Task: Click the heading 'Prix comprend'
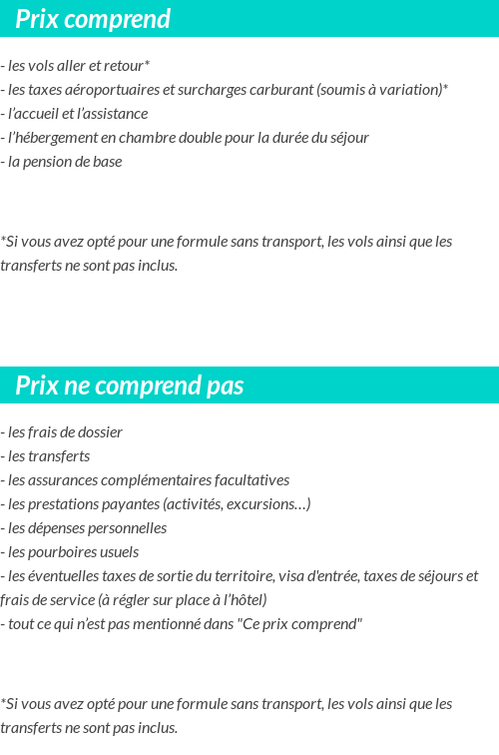[93, 19]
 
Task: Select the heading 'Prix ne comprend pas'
[130, 386]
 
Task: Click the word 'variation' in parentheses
[410, 90]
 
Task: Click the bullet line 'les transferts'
[48, 456]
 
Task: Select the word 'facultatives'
[250, 480]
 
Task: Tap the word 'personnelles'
[125, 528]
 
